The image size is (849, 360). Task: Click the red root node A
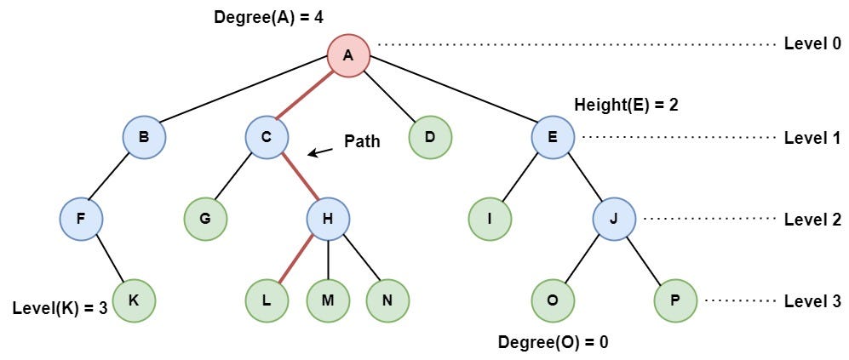coord(348,55)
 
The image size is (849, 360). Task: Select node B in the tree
coord(143,136)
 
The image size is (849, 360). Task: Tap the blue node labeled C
coord(267,136)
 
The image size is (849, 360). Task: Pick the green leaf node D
coord(430,136)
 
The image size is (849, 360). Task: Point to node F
coord(82,218)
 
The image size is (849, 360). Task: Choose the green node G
coord(205,218)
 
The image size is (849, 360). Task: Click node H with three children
coord(329,218)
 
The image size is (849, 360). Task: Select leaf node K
coord(135,300)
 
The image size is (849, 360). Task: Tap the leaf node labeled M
coord(329,300)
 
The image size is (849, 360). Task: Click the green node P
coord(676,300)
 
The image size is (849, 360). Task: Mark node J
coord(615,218)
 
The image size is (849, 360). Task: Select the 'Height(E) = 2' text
coord(626,105)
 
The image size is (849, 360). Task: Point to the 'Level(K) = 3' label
coord(60,307)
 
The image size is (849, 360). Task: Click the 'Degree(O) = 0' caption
coord(554,342)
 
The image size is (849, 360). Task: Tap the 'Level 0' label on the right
coord(812,43)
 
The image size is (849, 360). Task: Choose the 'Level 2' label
coord(812,219)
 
